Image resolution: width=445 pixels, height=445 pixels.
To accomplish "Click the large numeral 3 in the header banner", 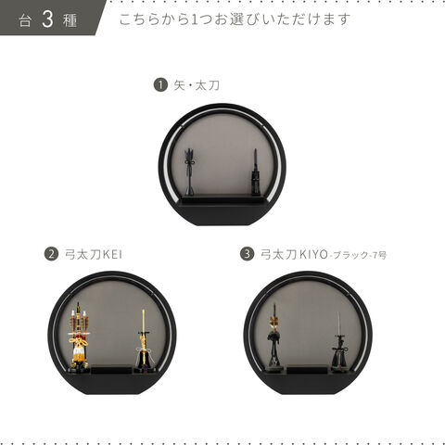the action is point(47,19).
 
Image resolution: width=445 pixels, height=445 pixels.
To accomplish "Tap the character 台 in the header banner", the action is point(25,21).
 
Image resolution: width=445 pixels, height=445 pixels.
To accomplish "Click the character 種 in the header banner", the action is point(70,21).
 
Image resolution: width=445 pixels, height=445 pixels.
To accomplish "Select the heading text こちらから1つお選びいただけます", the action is point(235,19).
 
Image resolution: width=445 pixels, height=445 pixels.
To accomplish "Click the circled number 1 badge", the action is point(160,84).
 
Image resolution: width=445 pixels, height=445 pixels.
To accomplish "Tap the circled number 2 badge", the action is point(51,254).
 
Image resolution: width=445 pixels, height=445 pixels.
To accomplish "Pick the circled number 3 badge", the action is point(247,254).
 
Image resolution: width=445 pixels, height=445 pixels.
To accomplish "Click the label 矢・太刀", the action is point(197,85).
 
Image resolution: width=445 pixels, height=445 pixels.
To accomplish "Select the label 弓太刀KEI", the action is point(94,255).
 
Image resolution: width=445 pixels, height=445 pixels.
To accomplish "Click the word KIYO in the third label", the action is point(313,255).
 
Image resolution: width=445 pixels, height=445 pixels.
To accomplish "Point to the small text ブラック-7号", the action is point(360,256).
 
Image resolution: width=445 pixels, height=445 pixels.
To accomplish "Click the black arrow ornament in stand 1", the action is point(190,172).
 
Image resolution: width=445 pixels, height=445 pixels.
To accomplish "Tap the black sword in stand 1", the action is point(255,172).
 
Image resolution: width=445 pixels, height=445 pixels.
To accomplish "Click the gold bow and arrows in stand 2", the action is point(79,336).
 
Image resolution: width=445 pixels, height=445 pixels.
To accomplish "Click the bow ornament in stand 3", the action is point(274,337).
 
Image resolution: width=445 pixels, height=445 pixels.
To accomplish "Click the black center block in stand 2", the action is point(111,370).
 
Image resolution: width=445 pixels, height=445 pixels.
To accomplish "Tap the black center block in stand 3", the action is point(307,370).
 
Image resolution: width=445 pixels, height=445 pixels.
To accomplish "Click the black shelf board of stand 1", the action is point(222,198).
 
